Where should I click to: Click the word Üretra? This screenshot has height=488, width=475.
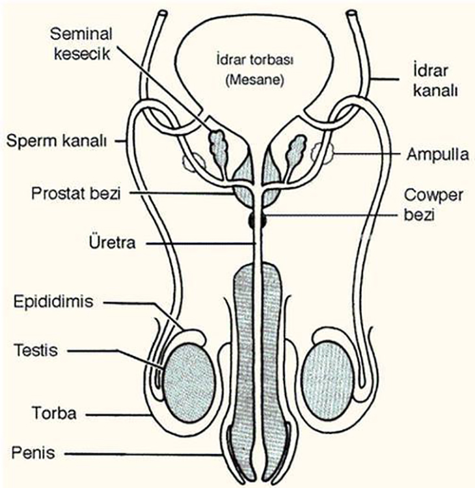113,245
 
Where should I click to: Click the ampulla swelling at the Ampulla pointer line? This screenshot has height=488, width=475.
323,153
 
